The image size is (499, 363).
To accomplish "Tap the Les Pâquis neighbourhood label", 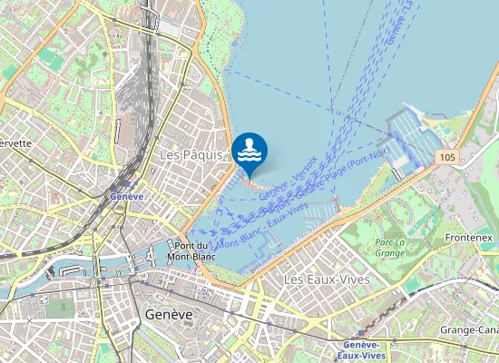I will tap(191, 155).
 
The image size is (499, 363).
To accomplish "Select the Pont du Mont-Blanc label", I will tap(191, 250).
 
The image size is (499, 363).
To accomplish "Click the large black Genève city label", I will tap(168, 313).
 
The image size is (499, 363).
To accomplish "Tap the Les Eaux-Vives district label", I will tap(327, 280).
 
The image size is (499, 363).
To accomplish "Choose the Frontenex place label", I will tap(469, 237).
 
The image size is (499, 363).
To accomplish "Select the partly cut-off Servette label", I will tap(15, 142).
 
